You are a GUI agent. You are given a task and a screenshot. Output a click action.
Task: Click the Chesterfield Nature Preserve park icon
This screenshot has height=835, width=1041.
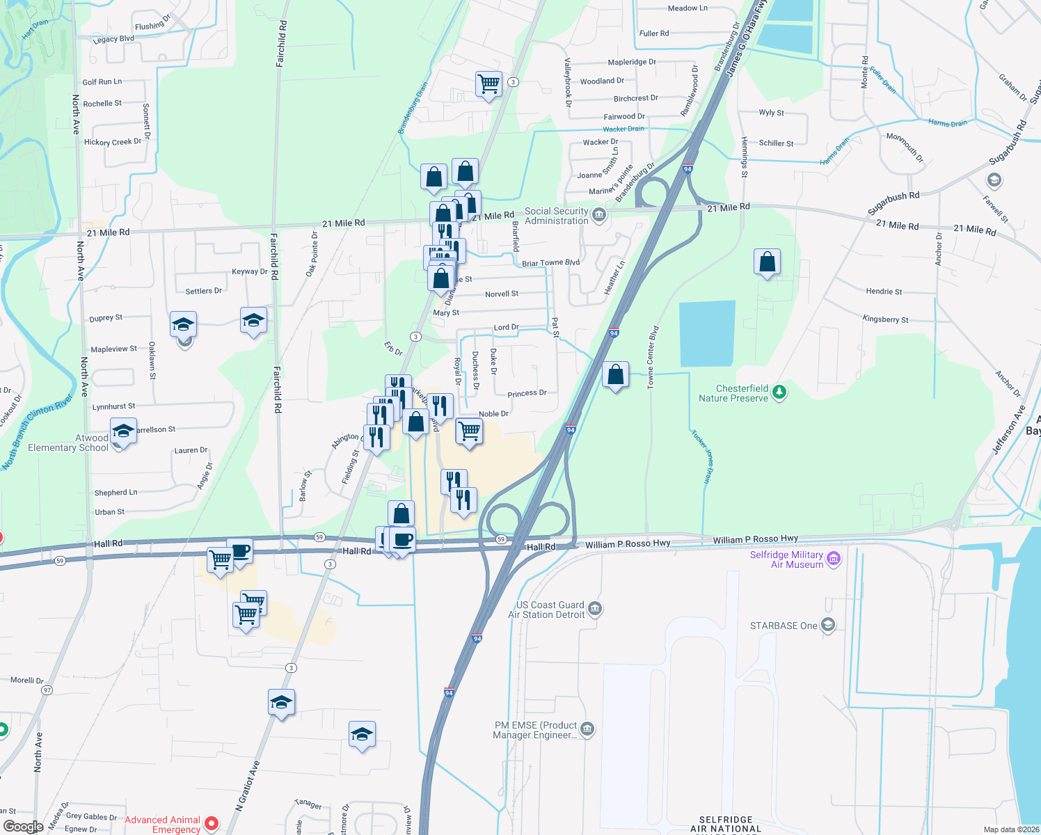coord(779,393)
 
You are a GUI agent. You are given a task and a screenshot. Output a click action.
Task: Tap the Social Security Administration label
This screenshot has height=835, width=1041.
coord(556,216)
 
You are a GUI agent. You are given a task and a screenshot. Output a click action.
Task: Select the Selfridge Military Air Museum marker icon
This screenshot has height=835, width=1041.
coord(834,559)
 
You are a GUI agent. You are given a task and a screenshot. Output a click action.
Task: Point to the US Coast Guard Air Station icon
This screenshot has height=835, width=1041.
coord(595,610)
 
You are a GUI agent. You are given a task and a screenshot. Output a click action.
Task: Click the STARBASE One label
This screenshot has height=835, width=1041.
coord(784,626)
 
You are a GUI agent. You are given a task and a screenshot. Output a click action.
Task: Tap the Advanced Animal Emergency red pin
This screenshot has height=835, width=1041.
coord(212,824)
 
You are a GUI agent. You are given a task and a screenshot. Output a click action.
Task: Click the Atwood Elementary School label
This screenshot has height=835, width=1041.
coord(68,443)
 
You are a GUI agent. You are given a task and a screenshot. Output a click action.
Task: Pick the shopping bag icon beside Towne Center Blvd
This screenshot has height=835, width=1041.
coord(615,375)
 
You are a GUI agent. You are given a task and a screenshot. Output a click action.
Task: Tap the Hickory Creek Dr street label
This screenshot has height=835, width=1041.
coord(112,142)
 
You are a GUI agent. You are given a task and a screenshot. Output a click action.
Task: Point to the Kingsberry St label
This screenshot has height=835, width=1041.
coord(885,319)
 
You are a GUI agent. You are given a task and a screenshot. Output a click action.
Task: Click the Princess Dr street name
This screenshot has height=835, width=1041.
coord(527,393)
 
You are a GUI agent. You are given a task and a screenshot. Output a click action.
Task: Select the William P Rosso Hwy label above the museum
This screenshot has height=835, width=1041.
coord(755,539)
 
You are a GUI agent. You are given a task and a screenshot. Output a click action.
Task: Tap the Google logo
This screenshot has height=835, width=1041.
coord(23,827)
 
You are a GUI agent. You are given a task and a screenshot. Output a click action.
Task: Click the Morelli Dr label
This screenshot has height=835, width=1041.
coord(27,680)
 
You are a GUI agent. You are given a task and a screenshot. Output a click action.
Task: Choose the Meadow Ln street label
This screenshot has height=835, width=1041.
coord(688,8)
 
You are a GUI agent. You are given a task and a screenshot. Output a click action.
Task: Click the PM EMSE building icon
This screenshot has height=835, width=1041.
coord(587,729)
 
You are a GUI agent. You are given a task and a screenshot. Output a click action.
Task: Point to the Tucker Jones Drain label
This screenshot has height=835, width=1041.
coord(701,456)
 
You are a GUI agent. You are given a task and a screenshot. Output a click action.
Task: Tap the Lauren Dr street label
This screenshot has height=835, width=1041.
coord(191,450)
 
